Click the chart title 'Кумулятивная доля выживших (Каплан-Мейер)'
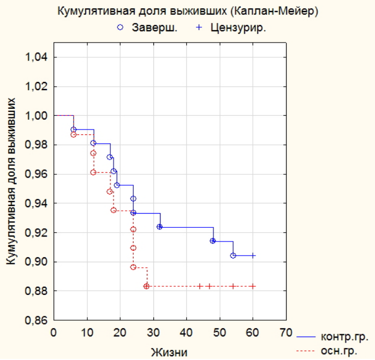tap(188, 11)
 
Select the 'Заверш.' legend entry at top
tap(147, 27)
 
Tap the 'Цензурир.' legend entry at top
tap(231, 28)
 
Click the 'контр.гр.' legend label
tap(344, 337)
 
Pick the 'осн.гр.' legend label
tap(339, 351)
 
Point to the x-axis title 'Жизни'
tap(169, 352)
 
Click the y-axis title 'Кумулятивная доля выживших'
tap(11, 181)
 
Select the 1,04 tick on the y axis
tap(37, 57)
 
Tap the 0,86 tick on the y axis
tap(37, 320)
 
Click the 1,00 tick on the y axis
tap(37, 116)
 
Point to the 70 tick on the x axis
tap(286, 333)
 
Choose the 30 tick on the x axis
tap(153, 333)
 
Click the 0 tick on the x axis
tap(53, 333)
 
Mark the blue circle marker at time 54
tap(233, 256)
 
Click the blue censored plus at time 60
tap(253, 256)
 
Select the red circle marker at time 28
tap(146, 286)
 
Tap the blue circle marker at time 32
tap(159, 227)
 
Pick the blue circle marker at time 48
tap(213, 241)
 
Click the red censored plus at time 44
tap(200, 286)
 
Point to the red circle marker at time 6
tap(74, 134)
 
